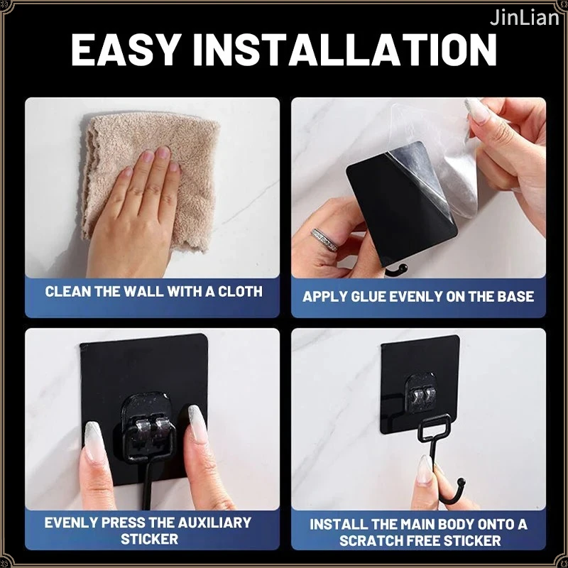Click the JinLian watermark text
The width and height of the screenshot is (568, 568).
[524, 18]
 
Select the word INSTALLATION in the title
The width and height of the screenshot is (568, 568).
[345, 50]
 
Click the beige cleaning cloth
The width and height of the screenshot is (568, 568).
[151, 181]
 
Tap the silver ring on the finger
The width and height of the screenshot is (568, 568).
[324, 239]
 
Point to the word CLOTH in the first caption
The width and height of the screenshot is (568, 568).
[240, 292]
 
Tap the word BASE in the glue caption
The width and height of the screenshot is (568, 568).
[515, 297]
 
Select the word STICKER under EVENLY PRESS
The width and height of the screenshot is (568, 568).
[149, 540]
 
